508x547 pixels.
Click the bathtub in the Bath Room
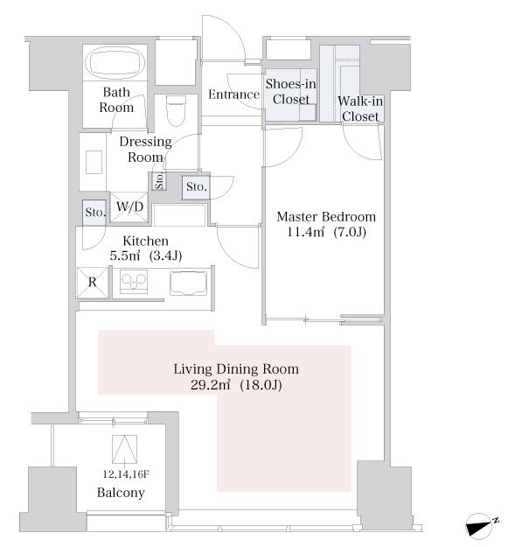click(115, 63)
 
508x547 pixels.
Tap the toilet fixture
click(176, 111)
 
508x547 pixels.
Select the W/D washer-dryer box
click(129, 207)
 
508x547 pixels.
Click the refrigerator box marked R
click(93, 282)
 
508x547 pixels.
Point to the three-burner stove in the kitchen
click(134, 281)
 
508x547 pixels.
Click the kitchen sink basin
click(188, 284)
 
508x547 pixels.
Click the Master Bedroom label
click(326, 217)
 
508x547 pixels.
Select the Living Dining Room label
click(236, 368)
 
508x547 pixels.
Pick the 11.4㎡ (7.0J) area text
click(326, 232)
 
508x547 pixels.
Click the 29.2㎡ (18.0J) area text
click(236, 385)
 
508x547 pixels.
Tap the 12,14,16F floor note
click(126, 474)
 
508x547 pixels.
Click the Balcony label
click(121, 492)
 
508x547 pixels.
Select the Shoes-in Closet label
click(291, 91)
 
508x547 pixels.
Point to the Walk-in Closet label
click(360, 109)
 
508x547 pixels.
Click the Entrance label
click(233, 95)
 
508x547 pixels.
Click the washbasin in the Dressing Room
click(94, 162)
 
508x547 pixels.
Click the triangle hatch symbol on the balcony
click(124, 449)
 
